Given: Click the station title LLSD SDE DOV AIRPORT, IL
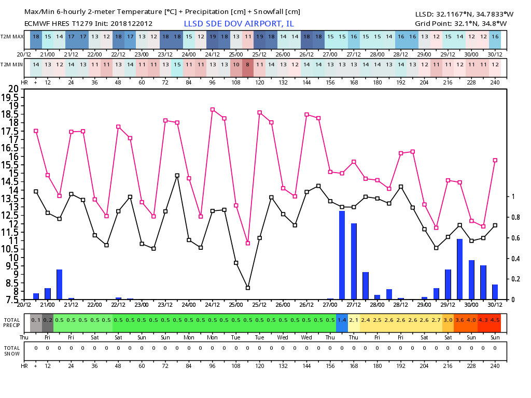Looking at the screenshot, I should tap(239, 24).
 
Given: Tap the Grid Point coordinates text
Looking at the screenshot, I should tap(460, 24).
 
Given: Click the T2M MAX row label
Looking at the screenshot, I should tap(12, 37).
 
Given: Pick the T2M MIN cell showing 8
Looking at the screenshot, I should tap(248, 64).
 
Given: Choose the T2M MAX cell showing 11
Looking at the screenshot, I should tap(248, 37).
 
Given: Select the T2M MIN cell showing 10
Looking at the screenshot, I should tap(236, 64).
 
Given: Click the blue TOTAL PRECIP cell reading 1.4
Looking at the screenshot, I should tap(342, 320).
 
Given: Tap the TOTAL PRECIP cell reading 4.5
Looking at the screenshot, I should tap(495, 320).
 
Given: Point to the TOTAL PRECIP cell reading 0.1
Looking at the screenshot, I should tap(36, 320).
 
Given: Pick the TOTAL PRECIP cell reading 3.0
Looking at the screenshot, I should tap(448, 320).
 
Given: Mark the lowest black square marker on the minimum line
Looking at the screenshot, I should tap(248, 288).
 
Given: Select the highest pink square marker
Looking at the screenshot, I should tap(213, 110).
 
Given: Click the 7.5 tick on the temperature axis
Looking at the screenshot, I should tap(12, 300).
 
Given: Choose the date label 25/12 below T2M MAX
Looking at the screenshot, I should tap(259, 54).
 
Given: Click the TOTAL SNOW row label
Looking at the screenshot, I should tap(12, 351).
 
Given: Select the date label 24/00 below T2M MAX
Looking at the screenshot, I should tap(189, 54).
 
